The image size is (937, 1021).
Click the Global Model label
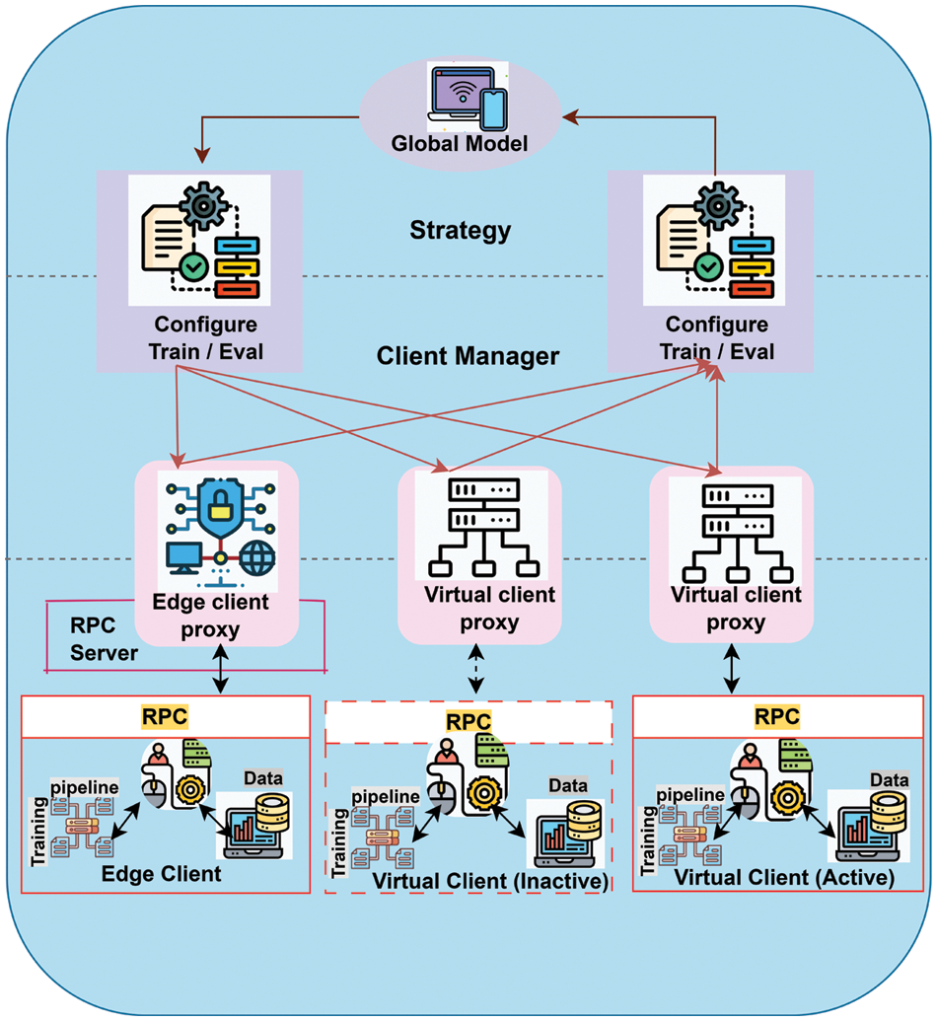coord(460,143)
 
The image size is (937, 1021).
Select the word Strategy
coord(461,231)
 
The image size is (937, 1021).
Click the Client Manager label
coord(468,355)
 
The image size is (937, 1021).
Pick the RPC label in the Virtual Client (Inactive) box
coord(468,721)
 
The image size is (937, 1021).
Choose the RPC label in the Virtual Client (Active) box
coord(777,715)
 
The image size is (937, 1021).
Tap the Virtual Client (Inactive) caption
coord(488,880)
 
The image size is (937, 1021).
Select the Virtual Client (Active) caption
coord(785,877)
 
